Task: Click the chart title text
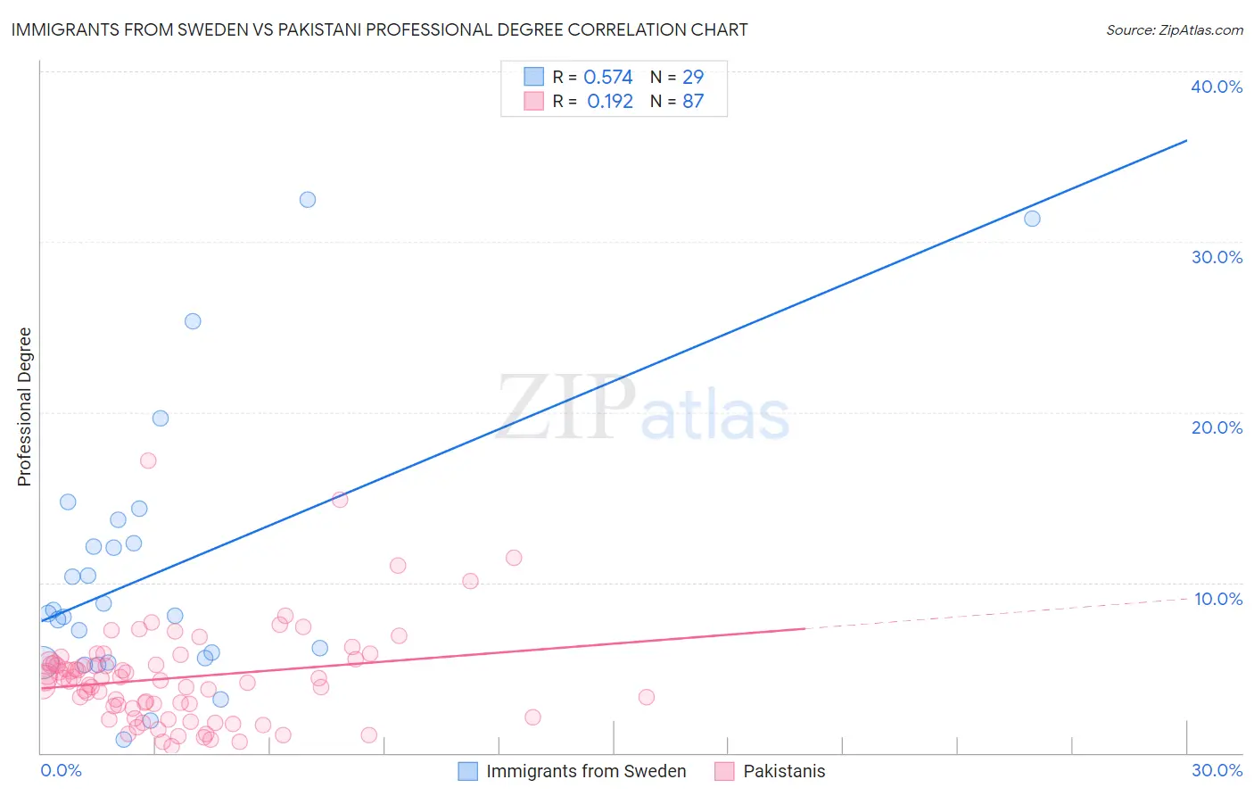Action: (x=379, y=29)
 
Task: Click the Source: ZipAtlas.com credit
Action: (x=1174, y=29)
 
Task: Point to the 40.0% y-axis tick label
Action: (x=1217, y=87)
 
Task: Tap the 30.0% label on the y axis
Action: (x=1217, y=257)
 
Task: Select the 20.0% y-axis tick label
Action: (x=1217, y=427)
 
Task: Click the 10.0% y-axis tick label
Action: (x=1218, y=599)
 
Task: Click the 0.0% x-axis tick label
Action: (x=61, y=770)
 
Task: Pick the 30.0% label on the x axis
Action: (x=1217, y=770)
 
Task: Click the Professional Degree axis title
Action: (x=24, y=407)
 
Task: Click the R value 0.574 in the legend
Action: (x=607, y=77)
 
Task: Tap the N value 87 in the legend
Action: (x=693, y=101)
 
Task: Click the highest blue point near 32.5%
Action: (x=308, y=200)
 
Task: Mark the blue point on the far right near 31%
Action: (x=1032, y=219)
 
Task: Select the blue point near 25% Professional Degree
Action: (x=193, y=321)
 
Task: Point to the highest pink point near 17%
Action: (x=148, y=460)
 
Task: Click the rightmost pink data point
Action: (x=647, y=697)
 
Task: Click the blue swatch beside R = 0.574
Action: (x=533, y=77)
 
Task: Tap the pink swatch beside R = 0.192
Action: (x=533, y=101)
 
